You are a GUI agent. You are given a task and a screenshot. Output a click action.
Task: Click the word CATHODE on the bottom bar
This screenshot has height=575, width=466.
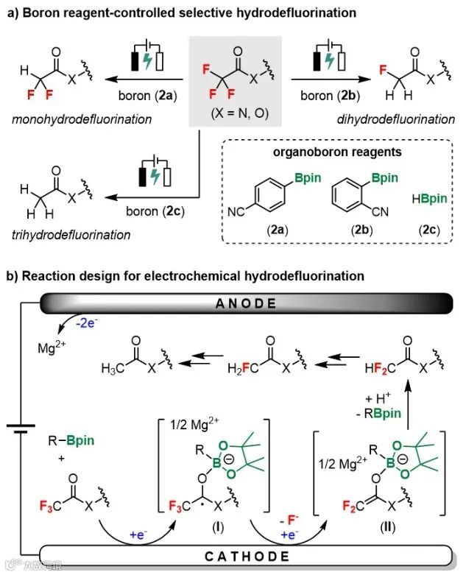tap(234, 557)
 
